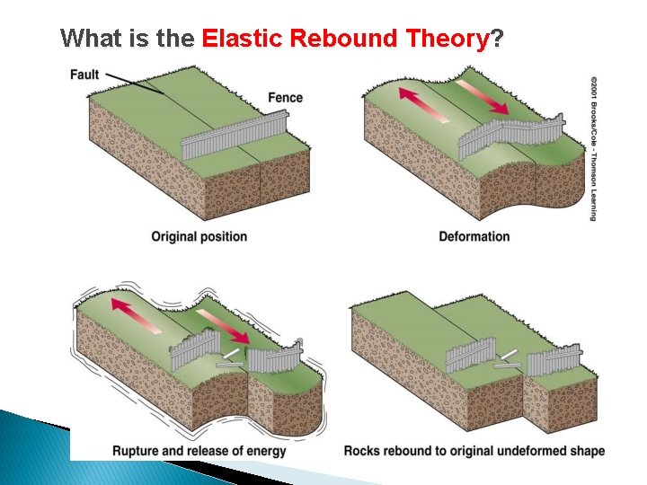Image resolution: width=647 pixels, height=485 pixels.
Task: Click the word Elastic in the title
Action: (235, 39)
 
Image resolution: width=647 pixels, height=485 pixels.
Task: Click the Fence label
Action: (285, 97)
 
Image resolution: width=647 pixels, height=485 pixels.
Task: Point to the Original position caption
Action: (199, 237)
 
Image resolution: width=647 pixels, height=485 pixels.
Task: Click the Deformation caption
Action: (474, 237)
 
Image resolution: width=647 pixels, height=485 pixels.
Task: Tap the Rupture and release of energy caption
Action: (199, 450)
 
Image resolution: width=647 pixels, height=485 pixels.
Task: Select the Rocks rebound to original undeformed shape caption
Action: (474, 450)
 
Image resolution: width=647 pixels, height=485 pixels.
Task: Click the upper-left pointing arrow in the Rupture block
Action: (134, 316)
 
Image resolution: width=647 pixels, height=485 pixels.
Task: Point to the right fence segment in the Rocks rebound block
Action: (554, 361)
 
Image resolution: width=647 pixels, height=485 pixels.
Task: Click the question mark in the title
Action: (497, 39)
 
